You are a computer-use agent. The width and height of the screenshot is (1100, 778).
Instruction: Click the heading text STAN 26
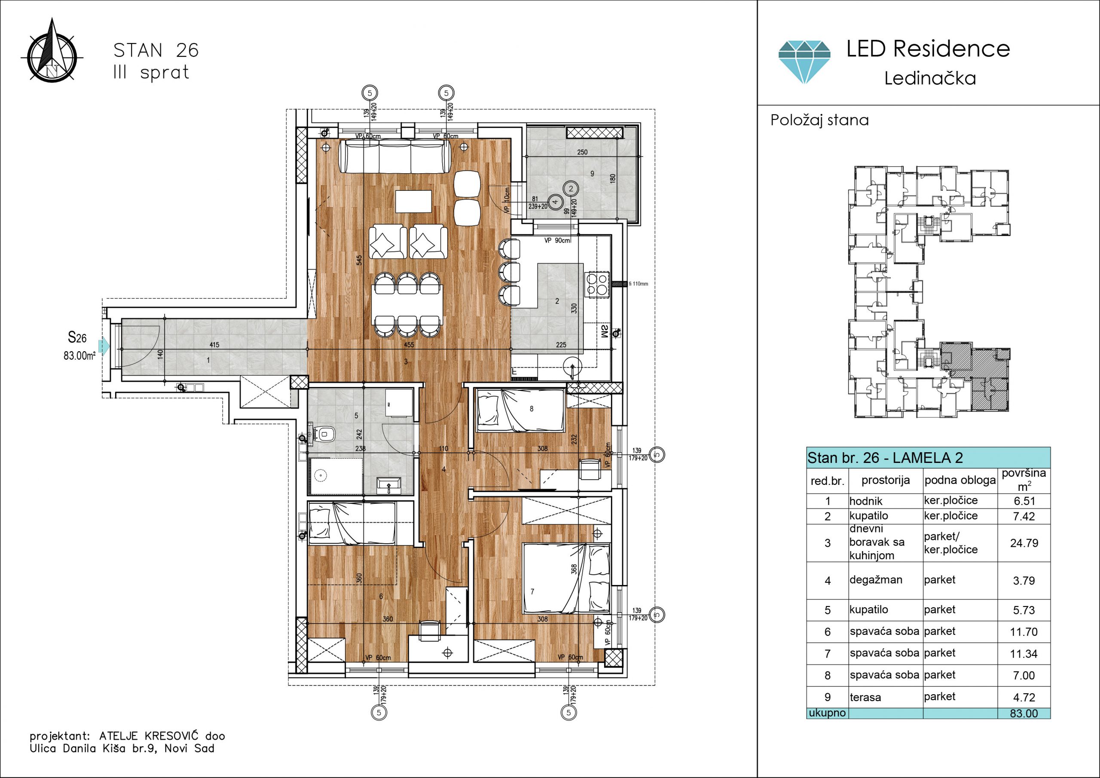tap(156, 50)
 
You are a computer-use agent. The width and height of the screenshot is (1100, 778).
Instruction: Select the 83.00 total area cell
tap(1024, 713)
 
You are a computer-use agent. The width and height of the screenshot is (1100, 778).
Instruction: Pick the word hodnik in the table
tap(866, 501)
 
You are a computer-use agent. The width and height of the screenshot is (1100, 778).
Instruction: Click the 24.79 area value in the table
tap(1024, 543)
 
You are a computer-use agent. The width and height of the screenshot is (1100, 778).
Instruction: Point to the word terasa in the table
tap(865, 698)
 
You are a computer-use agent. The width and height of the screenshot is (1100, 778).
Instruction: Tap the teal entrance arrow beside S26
tap(104, 345)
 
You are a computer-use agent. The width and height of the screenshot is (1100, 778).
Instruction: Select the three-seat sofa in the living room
tap(395, 156)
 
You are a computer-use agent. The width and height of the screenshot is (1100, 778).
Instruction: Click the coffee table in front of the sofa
tap(413, 201)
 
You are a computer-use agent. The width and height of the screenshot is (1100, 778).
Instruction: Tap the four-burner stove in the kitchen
tap(596, 284)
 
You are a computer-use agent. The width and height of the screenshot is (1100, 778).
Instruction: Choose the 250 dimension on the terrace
tap(582, 153)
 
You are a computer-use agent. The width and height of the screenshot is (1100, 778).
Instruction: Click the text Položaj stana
tap(819, 120)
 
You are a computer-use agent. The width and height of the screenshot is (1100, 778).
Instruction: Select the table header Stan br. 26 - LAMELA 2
tap(885, 458)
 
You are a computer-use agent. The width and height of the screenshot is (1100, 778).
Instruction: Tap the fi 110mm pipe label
tap(638, 284)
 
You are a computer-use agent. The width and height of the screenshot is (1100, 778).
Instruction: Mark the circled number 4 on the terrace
tap(555, 202)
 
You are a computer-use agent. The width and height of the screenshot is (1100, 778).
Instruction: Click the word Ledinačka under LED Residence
tap(930, 78)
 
